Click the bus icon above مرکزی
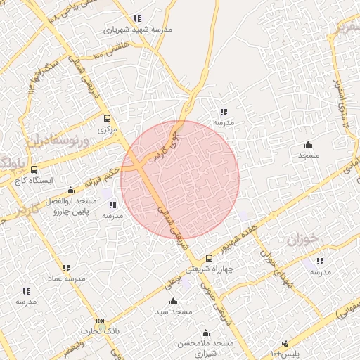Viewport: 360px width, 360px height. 107,118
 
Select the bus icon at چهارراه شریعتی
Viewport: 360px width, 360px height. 208,258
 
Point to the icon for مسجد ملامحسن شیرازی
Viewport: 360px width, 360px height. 206,333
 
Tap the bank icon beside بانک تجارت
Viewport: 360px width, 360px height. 100,321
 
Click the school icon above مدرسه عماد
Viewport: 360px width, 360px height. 66,268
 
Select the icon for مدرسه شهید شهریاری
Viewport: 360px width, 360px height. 137,18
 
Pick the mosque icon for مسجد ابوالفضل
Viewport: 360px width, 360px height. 70,190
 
